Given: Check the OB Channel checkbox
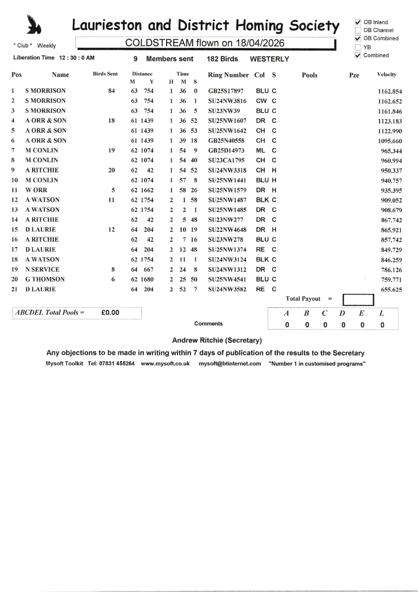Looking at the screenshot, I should point(358,30).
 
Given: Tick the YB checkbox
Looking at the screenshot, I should point(358,47).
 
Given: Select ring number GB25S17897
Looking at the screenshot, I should point(227,91).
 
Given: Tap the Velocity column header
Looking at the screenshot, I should point(386,74).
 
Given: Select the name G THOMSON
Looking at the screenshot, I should point(45,279).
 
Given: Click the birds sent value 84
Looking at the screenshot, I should point(111,91).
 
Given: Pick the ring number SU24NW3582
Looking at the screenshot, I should point(228,289).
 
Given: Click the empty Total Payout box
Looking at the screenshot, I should point(358,300).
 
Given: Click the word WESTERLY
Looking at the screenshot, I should point(270,59).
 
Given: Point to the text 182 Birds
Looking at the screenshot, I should point(222,59).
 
